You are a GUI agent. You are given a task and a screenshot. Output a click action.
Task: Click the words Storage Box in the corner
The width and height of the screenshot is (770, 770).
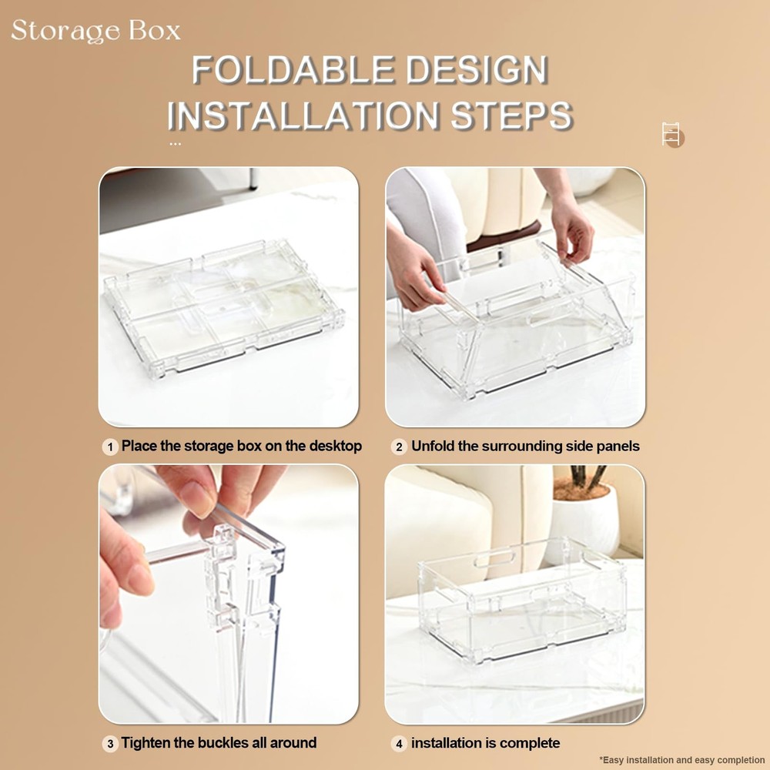(x=96, y=31)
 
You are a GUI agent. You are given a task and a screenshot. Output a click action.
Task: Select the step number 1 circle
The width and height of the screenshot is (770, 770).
(x=110, y=447)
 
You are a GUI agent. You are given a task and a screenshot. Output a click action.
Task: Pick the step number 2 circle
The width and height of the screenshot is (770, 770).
(x=399, y=447)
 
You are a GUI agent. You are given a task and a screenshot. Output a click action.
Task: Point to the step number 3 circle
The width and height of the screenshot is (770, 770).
(x=110, y=744)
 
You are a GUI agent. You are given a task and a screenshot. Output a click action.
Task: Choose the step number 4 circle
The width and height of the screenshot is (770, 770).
(x=399, y=744)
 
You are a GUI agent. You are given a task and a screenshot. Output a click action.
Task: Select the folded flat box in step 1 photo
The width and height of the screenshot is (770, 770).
(x=223, y=304)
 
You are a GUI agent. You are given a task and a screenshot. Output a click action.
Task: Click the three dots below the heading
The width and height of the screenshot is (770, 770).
(x=175, y=143)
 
